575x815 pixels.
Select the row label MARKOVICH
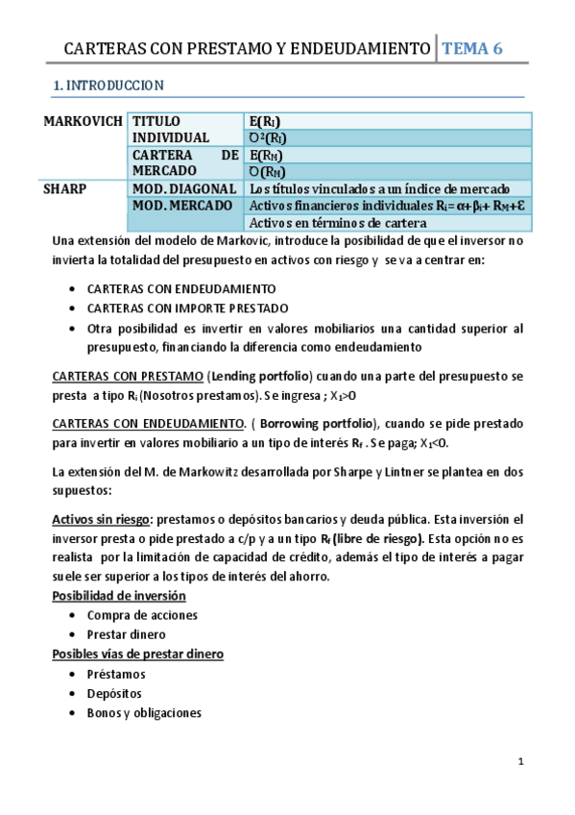click(x=83, y=121)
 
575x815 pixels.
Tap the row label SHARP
click(x=65, y=189)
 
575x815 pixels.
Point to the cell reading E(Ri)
click(x=265, y=121)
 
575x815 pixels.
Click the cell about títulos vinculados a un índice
click(x=378, y=189)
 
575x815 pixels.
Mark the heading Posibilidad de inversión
click(x=118, y=597)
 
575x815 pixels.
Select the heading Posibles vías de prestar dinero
click(x=137, y=654)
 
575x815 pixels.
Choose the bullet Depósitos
click(x=114, y=693)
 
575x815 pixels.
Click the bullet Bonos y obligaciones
click(x=144, y=713)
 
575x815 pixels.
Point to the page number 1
click(x=519, y=762)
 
